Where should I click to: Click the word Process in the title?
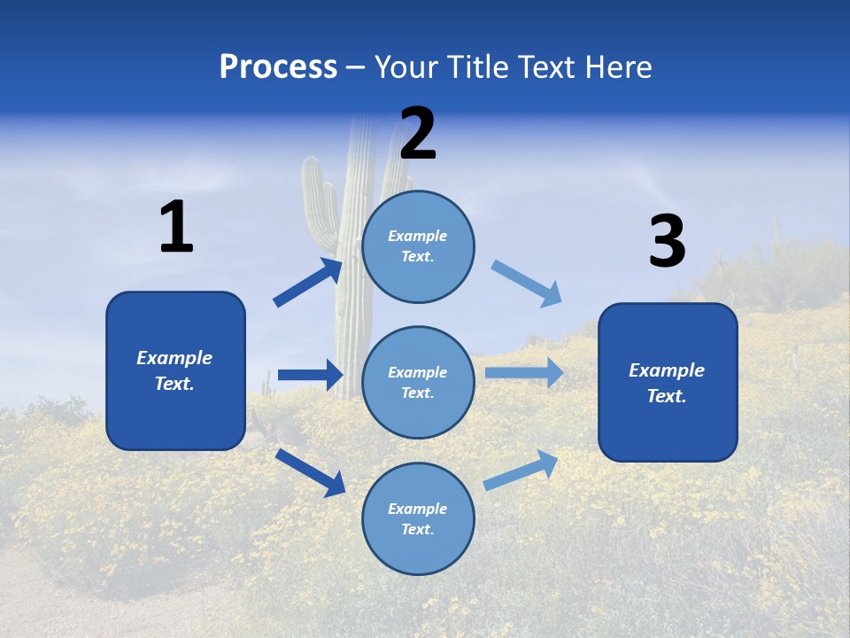(278, 67)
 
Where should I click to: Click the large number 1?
(176, 228)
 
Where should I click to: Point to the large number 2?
(418, 134)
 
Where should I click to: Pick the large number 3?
(667, 242)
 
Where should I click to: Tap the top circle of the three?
(418, 246)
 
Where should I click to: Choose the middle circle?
(418, 382)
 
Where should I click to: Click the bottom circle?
(418, 518)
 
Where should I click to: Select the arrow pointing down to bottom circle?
(310, 471)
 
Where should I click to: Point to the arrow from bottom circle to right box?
(521, 470)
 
